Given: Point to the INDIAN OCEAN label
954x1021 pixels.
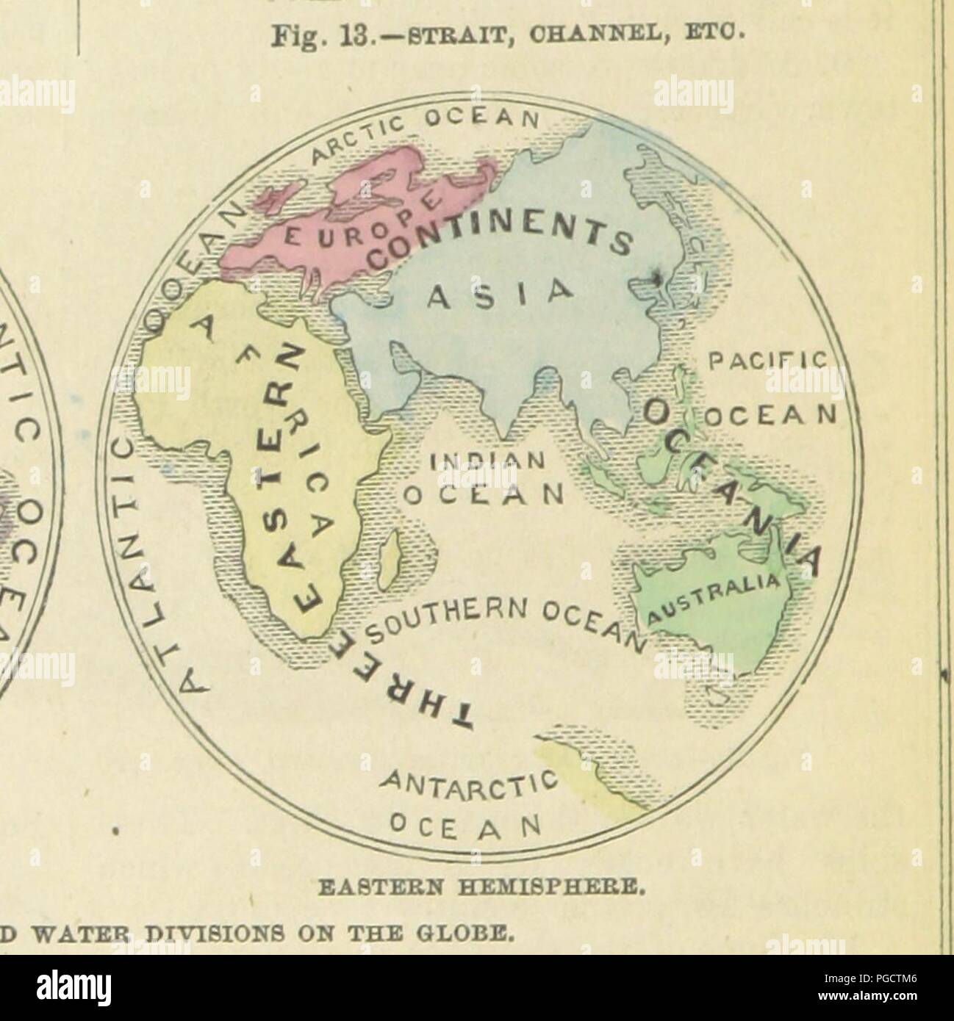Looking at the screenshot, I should pyautogui.click(x=485, y=477).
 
